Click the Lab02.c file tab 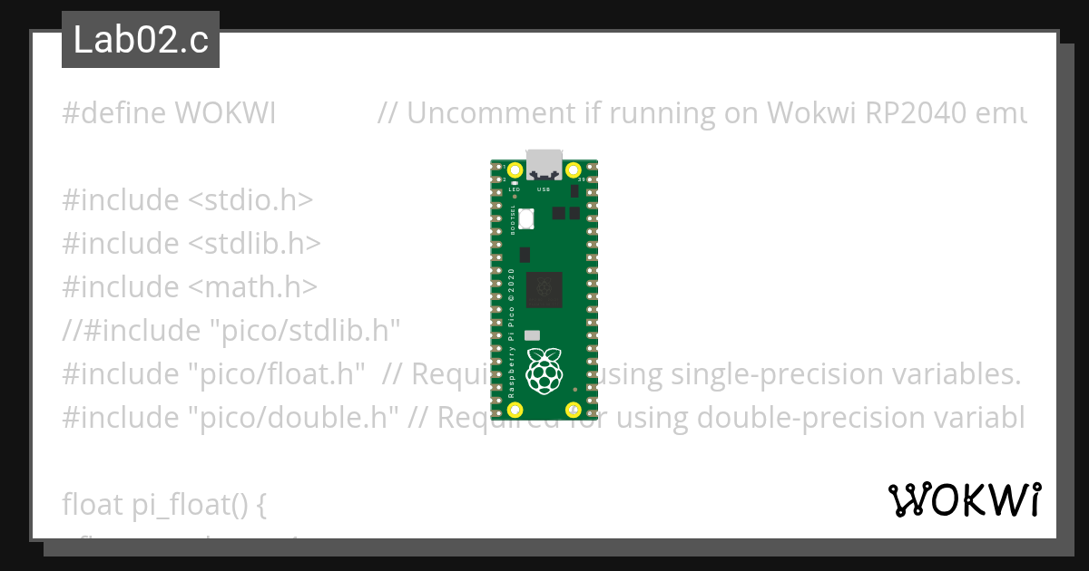[x=141, y=40]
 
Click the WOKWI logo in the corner [x=964, y=499]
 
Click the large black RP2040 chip [x=544, y=288]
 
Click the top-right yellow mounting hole [x=573, y=170]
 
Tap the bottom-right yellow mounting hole [x=573, y=411]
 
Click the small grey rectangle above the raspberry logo [x=533, y=335]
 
